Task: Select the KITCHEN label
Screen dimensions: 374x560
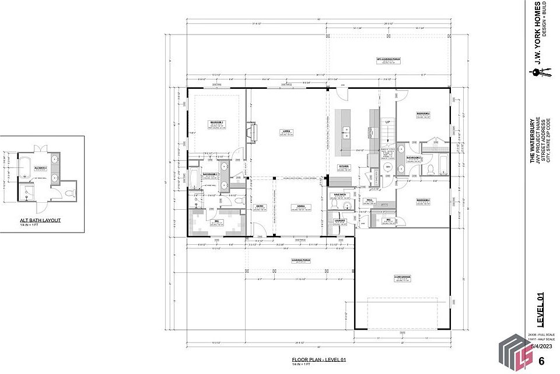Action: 344,167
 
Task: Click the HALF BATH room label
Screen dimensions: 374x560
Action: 340,194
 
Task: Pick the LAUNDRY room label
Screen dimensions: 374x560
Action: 340,220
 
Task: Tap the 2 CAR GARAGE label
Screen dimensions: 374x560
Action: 402,276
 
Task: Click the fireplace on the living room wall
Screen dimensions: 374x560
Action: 251,131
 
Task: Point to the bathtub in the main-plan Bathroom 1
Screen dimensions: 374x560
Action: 194,179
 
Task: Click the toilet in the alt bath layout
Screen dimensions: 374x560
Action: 70,193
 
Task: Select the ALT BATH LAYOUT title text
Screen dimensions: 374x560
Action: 40,220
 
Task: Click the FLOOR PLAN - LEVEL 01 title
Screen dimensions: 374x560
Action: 318,359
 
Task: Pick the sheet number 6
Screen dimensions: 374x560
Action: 541,361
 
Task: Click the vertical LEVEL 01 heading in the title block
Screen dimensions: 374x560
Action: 540,310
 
